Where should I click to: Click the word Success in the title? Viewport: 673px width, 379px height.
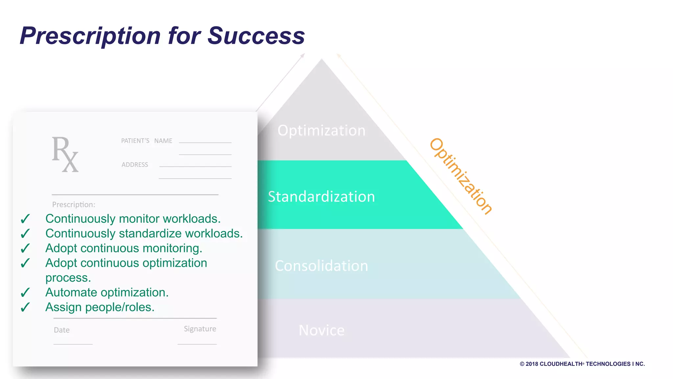[x=256, y=36]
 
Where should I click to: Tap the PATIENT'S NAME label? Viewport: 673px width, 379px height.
[x=147, y=141]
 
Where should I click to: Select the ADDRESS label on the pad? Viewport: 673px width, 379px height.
[x=135, y=164]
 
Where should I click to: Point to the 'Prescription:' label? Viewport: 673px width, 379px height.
[x=74, y=205]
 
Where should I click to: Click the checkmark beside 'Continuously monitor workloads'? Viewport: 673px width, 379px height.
[x=25, y=219]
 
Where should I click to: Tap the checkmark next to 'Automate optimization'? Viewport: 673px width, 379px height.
[x=25, y=292]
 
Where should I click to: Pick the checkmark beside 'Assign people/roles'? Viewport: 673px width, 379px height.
[x=25, y=307]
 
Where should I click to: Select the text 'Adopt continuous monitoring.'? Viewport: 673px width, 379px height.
[x=124, y=248]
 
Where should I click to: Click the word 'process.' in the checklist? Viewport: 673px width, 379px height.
[x=68, y=278]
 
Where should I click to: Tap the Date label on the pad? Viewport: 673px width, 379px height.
[x=62, y=330]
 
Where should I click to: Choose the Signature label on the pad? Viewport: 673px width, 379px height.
[x=200, y=329]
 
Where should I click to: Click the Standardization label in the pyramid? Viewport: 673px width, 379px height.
[x=321, y=197]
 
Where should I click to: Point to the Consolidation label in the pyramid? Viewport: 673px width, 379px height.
[x=321, y=266]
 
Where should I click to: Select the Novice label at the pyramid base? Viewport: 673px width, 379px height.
[x=321, y=330]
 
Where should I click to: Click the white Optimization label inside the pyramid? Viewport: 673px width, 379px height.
[x=321, y=131]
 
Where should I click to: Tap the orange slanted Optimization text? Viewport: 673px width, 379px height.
[x=461, y=176]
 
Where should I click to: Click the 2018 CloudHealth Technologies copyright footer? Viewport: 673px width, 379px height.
[x=582, y=364]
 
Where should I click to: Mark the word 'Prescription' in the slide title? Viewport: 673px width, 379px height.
[x=90, y=36]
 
